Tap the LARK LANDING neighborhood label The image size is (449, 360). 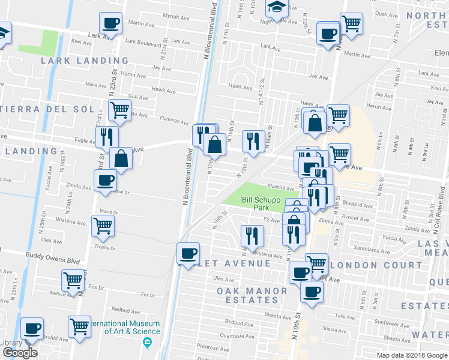85,61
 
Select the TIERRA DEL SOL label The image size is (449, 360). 48,109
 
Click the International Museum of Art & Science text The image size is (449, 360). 124,327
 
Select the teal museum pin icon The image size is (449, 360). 148,343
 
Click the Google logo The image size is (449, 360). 19,353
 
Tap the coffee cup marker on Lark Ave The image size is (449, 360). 111,23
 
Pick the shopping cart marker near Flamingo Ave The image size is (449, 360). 119,110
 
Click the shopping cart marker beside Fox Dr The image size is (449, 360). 73,280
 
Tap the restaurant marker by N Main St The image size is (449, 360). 253,140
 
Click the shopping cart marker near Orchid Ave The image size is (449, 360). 79,326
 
